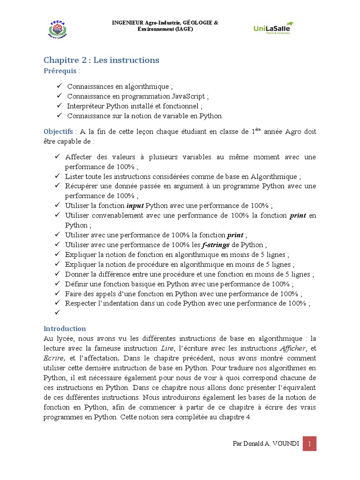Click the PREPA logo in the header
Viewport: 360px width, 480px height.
pyautogui.click(x=58, y=29)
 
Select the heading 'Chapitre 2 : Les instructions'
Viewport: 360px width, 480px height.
pyautogui.click(x=101, y=60)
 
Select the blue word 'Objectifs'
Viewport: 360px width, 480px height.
pyautogui.click(x=58, y=132)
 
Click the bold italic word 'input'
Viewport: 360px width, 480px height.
pyautogui.click(x=135, y=206)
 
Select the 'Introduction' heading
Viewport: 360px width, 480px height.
pyautogui.click(x=65, y=329)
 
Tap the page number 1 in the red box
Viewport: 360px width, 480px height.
pyautogui.click(x=309, y=443)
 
